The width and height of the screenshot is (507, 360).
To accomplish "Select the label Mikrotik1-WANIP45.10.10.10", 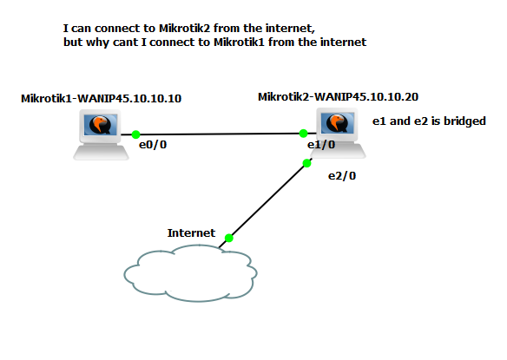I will click(102, 98).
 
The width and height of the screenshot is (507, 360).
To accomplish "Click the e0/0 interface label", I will click(152, 145).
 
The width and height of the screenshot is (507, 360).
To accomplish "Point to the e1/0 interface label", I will click(321, 144).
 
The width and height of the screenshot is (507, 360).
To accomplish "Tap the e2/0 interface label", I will click(341, 175).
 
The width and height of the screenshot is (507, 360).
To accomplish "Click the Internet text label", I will click(191, 232).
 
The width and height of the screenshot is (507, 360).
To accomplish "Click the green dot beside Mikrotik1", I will click(135, 134).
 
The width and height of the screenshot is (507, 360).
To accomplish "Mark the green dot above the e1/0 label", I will click(303, 134).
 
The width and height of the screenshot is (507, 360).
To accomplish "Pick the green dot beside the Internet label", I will click(228, 237).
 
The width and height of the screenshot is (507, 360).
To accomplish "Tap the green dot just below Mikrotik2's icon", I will click(307, 162).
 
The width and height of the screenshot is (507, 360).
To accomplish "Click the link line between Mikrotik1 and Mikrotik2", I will click(217, 134).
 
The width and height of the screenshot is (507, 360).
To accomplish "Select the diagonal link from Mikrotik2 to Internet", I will click(267, 200).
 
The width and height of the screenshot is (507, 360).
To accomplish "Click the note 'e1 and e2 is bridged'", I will click(428, 121).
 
